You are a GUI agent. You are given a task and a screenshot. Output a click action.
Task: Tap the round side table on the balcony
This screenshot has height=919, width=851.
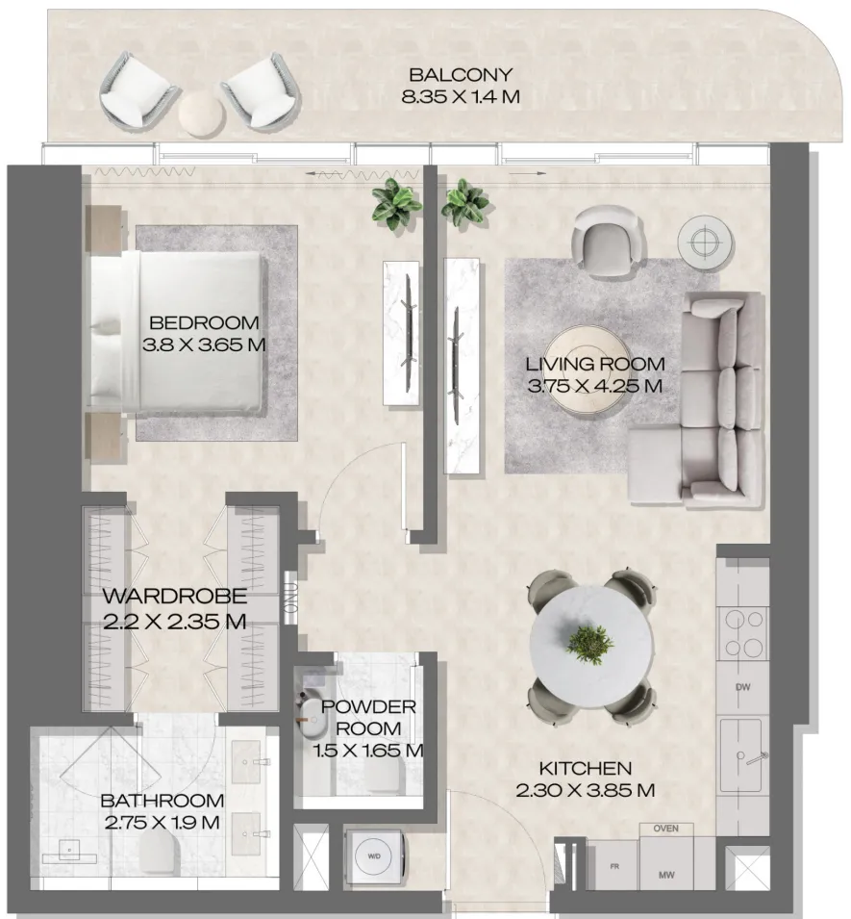tap(201, 112)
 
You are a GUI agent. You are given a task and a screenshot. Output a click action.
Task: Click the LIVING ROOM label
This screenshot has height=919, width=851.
tap(595, 364)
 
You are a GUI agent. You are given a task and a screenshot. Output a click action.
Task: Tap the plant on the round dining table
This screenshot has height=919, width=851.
tap(589, 642)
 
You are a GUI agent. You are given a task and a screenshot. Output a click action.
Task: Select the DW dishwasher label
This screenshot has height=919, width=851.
tap(741, 687)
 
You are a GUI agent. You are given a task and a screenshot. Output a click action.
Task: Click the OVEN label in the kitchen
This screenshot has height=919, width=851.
tap(665, 828)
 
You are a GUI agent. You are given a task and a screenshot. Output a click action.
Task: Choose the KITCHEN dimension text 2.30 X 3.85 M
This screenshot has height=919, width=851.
tap(585, 791)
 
